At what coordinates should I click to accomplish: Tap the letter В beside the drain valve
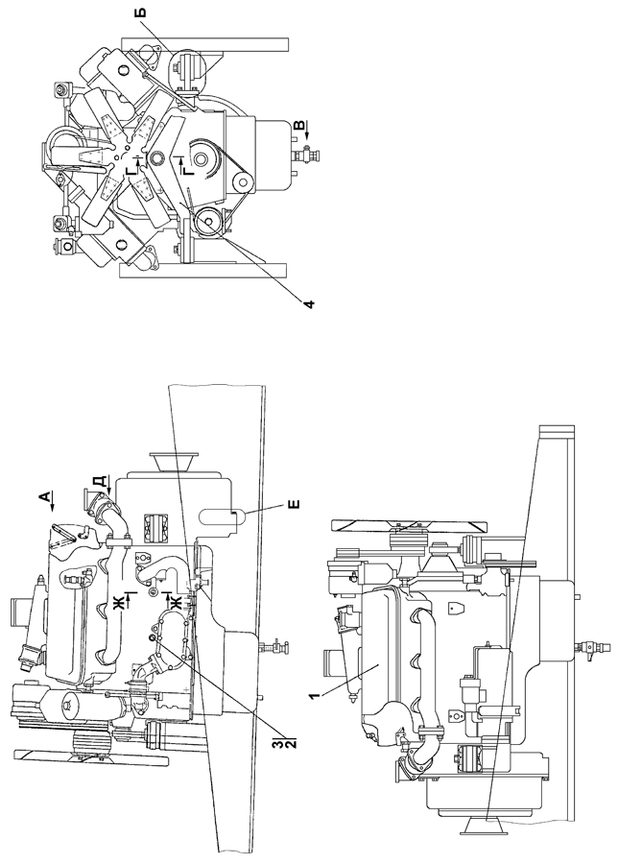point(298,126)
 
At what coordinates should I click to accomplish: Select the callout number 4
point(310,303)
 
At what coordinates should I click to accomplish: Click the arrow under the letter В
point(308,132)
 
